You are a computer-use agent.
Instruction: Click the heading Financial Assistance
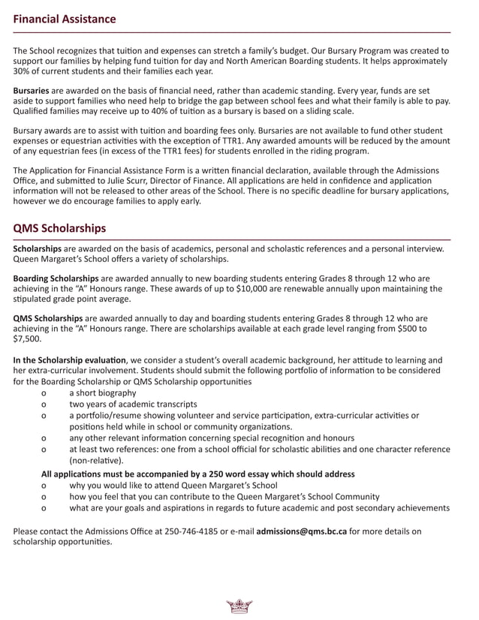(x=65, y=19)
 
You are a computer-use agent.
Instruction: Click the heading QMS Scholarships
(x=59, y=227)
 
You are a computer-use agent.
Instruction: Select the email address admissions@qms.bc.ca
(x=301, y=531)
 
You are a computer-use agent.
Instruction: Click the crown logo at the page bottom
(x=239, y=606)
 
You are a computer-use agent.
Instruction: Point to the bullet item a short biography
(x=103, y=393)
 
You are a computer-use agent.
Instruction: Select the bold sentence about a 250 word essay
(x=198, y=474)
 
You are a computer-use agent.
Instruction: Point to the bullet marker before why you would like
(x=47, y=485)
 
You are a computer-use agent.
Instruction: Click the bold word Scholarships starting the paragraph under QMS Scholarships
(x=38, y=248)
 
